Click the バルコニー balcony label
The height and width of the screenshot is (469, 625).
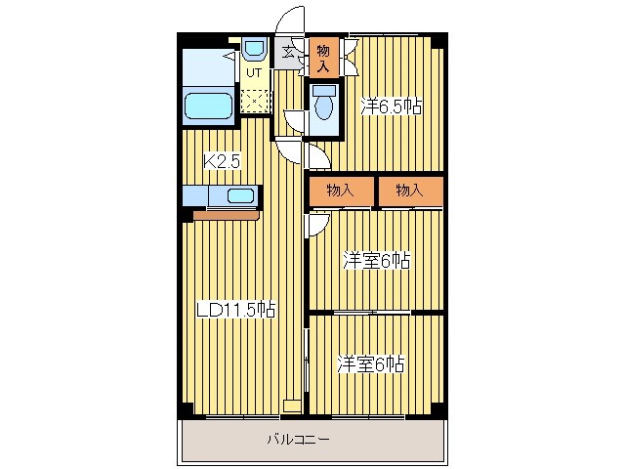[298, 440]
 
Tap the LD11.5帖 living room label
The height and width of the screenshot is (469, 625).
[236, 310]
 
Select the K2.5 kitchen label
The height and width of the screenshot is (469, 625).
[222, 162]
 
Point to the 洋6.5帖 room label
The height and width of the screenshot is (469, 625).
[391, 107]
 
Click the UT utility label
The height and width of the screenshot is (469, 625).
[254, 73]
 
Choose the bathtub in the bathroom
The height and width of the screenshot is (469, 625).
[208, 106]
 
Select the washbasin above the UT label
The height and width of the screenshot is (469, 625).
[255, 48]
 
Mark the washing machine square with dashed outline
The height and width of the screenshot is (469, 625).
[255, 101]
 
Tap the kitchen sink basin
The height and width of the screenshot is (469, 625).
[240, 195]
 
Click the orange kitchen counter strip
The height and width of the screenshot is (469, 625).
[227, 216]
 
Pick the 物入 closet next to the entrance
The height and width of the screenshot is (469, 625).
[323, 57]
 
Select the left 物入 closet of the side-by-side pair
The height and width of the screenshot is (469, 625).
[341, 192]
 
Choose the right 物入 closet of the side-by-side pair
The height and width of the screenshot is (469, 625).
[410, 192]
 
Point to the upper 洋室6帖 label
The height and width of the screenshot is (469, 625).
[377, 261]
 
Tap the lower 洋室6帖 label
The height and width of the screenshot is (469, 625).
[371, 363]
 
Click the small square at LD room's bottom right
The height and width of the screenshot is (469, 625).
[292, 405]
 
